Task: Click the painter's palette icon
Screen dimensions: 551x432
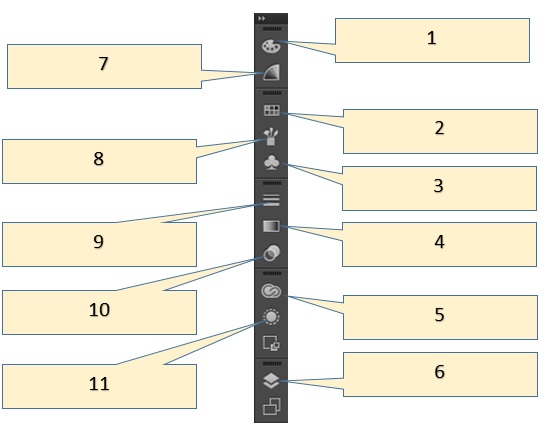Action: [271, 46]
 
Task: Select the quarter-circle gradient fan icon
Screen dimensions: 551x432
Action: [272, 72]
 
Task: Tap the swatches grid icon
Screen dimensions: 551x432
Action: [272, 110]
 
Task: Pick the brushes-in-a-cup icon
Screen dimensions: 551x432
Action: [271, 136]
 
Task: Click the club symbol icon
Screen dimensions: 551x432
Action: [271, 163]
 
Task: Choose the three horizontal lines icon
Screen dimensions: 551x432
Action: [271, 200]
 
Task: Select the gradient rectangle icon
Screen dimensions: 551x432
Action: [271, 226]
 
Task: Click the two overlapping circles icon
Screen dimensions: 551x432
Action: [272, 253]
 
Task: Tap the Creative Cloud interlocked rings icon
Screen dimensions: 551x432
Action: [271, 291]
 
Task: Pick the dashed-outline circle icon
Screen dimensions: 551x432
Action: [271, 317]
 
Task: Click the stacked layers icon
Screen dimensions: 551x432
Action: [271, 380]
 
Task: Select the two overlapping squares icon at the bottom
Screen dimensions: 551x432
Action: [272, 406]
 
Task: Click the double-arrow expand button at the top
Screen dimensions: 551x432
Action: [261, 18]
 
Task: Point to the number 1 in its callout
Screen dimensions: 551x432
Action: [432, 38]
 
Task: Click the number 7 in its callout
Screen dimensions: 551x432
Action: [103, 64]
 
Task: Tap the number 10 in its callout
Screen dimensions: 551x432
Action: [99, 310]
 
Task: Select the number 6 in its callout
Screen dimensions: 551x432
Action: [439, 372]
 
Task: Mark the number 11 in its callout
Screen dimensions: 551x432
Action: [99, 383]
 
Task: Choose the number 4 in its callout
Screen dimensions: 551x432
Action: [439, 242]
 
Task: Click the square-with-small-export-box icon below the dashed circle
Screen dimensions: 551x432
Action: [271, 343]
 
